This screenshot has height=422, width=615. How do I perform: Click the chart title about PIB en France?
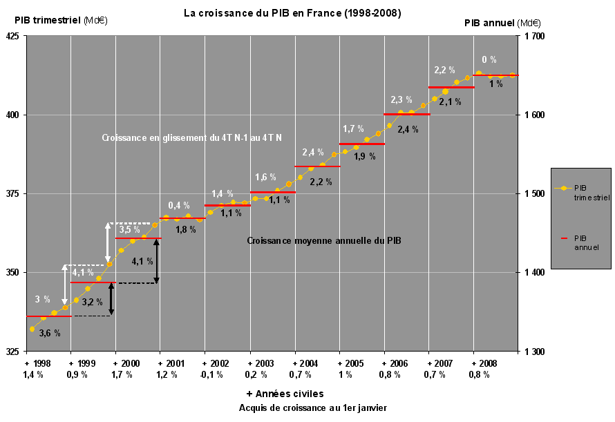point(292,13)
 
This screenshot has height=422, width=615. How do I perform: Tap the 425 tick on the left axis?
point(15,37)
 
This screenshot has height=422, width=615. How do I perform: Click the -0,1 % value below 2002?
point(211,375)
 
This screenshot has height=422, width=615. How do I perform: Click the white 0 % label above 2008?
point(489,60)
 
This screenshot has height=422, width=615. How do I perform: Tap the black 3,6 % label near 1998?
point(49,333)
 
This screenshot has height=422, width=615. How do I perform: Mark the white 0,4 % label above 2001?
point(179,205)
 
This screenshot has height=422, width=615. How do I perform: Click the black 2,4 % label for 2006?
point(408,129)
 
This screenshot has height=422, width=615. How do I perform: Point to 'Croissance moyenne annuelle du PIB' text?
point(324,241)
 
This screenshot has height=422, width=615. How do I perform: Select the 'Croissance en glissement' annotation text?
point(191,138)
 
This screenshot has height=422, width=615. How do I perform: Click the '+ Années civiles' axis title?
point(285,394)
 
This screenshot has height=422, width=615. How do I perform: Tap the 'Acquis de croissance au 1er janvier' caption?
point(313,407)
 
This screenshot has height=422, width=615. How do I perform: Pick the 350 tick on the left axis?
point(15,273)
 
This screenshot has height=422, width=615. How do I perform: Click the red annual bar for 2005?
point(362,144)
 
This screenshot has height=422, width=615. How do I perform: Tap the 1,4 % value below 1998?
point(33,375)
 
